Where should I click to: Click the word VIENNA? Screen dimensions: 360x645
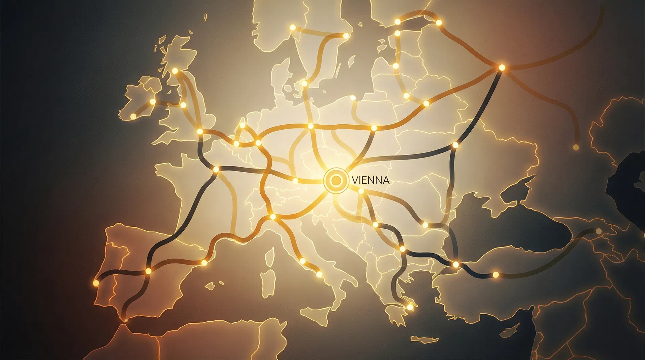click(x=371, y=180)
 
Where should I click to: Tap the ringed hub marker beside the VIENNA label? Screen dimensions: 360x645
click(x=336, y=181)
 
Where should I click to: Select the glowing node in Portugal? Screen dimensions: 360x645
click(x=96, y=283)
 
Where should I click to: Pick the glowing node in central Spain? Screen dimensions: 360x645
click(x=148, y=271)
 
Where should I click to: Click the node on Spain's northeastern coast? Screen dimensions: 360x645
click(x=204, y=263)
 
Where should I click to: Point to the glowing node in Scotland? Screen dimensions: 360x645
click(x=175, y=71)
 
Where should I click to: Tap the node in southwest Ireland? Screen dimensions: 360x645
click(x=133, y=116)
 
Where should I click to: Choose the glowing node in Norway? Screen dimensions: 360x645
click(x=292, y=27)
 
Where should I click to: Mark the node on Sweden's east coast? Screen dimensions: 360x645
click(x=346, y=35)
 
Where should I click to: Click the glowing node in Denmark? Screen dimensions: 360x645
click(x=304, y=83)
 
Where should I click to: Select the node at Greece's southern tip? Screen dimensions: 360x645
click(x=410, y=307)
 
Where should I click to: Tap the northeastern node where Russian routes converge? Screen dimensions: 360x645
click(x=502, y=67)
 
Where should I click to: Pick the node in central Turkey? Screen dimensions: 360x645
click(x=496, y=275)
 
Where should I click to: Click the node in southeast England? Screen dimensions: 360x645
click(x=200, y=131)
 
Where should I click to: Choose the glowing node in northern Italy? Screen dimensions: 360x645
click(x=273, y=217)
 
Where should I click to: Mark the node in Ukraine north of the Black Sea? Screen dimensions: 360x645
click(x=455, y=145)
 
